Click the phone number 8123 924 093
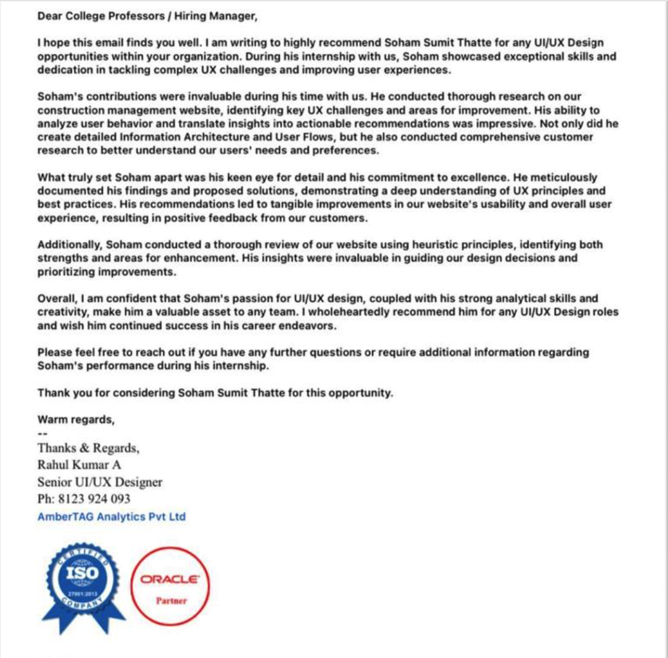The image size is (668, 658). pyautogui.click(x=94, y=499)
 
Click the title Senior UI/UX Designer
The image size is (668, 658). pyautogui.click(x=100, y=482)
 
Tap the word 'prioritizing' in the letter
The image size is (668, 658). pyautogui.click(x=66, y=272)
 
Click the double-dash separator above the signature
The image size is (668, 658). pyautogui.click(x=42, y=433)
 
